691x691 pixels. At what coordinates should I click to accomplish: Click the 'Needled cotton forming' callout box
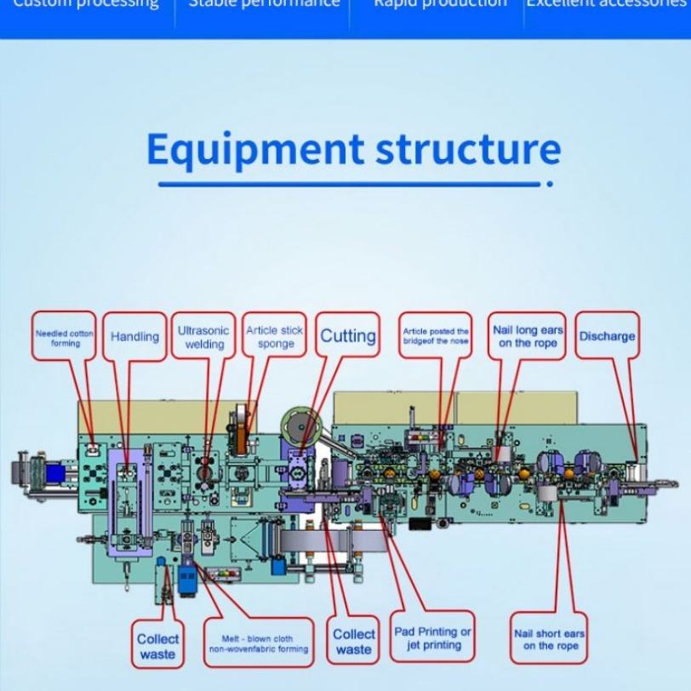click(64, 337)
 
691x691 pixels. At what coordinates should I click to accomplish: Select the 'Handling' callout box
click(134, 337)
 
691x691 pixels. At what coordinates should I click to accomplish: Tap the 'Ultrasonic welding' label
click(203, 337)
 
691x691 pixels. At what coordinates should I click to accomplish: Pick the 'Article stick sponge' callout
click(275, 337)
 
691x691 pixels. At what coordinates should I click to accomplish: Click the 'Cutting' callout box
click(348, 336)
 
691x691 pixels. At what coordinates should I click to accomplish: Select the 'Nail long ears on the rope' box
click(528, 336)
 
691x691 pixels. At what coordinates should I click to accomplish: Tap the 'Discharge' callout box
click(607, 336)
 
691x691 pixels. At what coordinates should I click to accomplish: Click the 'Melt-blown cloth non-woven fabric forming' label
click(257, 643)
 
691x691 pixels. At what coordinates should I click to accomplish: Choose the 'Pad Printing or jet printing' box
click(432, 638)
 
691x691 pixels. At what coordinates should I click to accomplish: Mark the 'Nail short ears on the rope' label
click(550, 639)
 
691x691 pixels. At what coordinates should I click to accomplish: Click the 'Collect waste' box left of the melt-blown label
click(157, 646)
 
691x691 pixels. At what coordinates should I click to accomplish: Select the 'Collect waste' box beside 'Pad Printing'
click(354, 642)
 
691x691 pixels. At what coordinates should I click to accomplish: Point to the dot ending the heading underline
click(550, 184)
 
